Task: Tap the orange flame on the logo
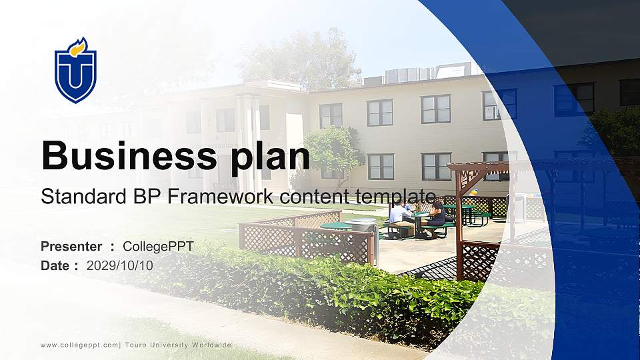[x=79, y=47]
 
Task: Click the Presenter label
[x=71, y=247]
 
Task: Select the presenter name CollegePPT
[x=158, y=247]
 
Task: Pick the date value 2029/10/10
[x=119, y=265]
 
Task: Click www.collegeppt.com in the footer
[x=79, y=345]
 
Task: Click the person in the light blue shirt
[x=398, y=217]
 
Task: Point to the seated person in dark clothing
[x=437, y=217]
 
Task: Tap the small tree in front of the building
[x=333, y=150]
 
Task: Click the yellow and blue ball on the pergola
[x=473, y=192]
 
